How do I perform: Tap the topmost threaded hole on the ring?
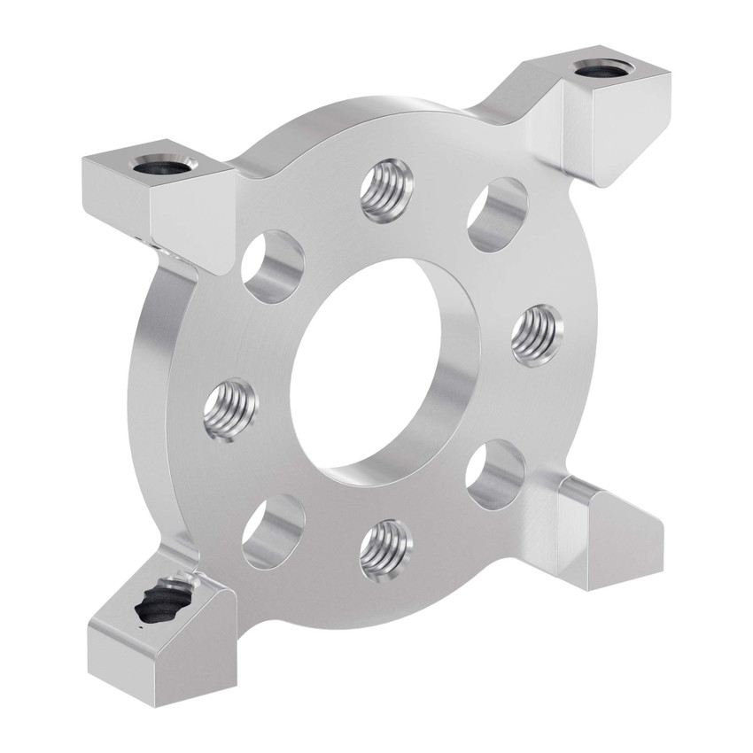[387, 190]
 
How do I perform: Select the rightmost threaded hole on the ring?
[537, 335]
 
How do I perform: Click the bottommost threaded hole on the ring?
[386, 549]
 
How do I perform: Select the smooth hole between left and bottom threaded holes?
[274, 531]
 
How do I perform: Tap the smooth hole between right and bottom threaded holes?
[496, 474]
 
